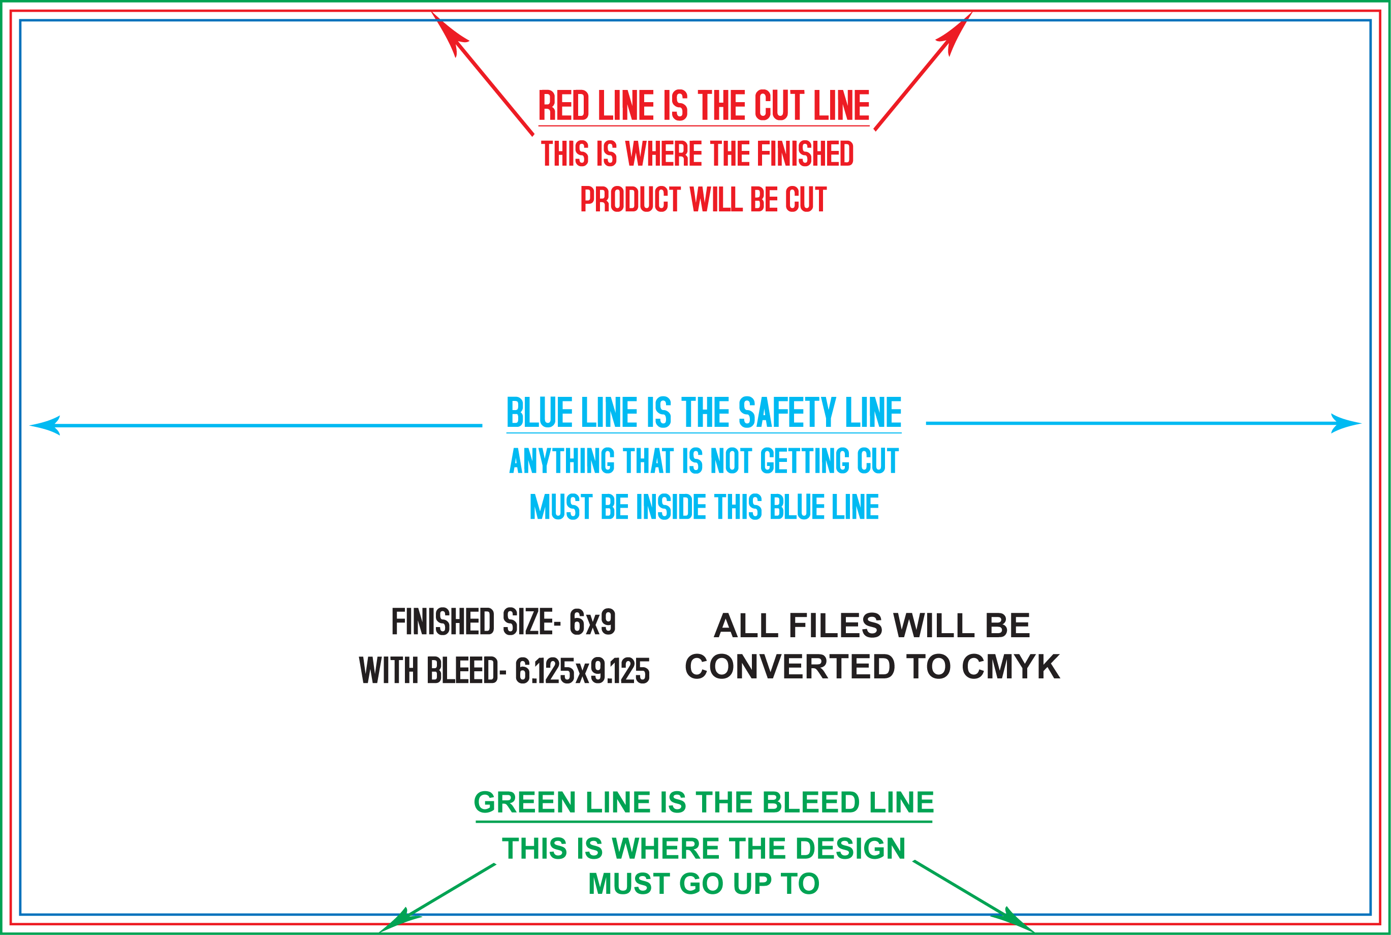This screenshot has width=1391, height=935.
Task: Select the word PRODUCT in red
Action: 630,199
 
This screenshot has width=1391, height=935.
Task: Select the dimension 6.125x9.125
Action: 582,671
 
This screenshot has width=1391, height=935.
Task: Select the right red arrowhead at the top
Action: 955,32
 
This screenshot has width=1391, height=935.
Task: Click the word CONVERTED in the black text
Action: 790,667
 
